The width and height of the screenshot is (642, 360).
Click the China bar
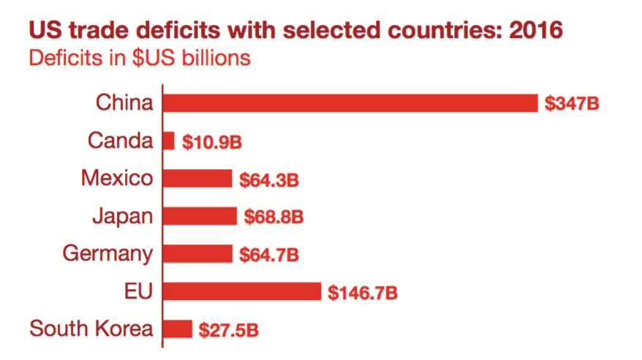pyautogui.click(x=350, y=102)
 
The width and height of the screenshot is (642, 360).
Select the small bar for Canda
pyautogui.click(x=169, y=140)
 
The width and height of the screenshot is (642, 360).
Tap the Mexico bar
pyautogui.click(x=197, y=179)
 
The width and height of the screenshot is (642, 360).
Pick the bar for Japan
pyautogui.click(x=200, y=216)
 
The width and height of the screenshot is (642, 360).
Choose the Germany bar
pyautogui.click(x=197, y=254)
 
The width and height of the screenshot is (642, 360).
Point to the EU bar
pyautogui.click(x=242, y=291)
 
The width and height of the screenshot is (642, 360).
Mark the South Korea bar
pyautogui.click(x=178, y=329)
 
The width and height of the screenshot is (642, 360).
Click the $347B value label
pyautogui.click(x=572, y=103)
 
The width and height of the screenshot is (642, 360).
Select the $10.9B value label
pyautogui.click(x=211, y=141)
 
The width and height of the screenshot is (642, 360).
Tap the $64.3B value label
pyautogui.click(x=269, y=179)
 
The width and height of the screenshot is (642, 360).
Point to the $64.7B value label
pyautogui.click(x=269, y=255)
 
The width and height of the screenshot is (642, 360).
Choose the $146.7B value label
pyautogui.click(x=363, y=293)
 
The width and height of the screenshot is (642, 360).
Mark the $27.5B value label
pyautogui.click(x=228, y=330)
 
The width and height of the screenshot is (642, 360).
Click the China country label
pyautogui.click(x=124, y=102)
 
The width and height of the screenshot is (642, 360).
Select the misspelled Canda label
pyautogui.click(x=120, y=140)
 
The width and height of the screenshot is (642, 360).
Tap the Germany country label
pyautogui.click(x=108, y=254)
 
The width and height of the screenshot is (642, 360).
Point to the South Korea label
pyautogui.click(x=91, y=329)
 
